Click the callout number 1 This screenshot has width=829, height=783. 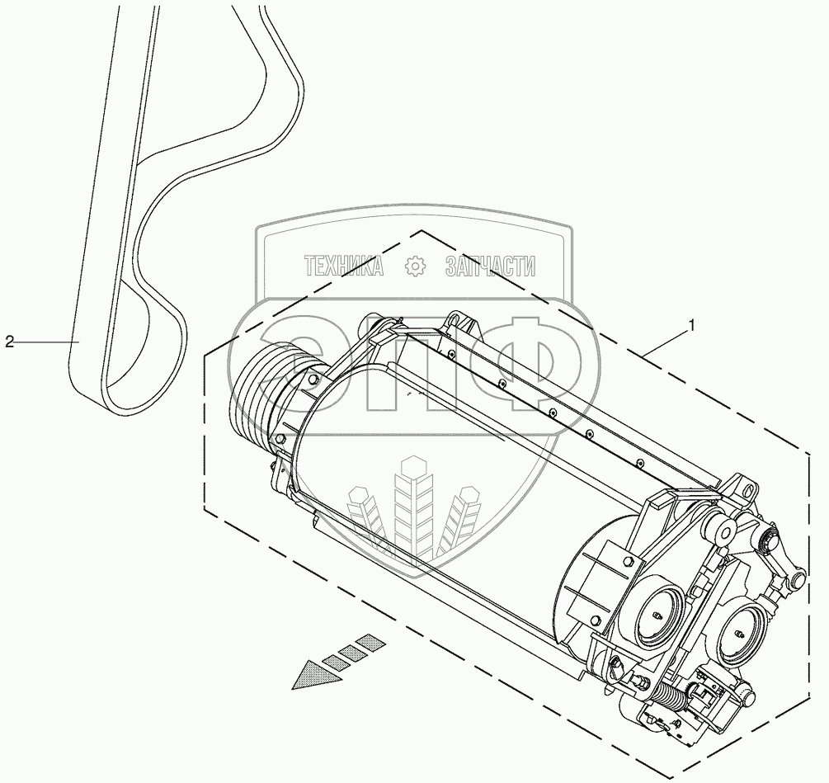pyautogui.click(x=692, y=324)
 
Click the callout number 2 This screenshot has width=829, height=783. pyautogui.click(x=10, y=342)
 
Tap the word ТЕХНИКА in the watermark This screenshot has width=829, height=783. pyautogui.click(x=344, y=266)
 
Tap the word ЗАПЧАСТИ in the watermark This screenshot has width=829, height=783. pyautogui.click(x=490, y=266)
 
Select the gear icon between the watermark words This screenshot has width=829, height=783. pyautogui.click(x=415, y=266)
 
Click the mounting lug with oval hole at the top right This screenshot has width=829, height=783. pyautogui.click(x=747, y=493)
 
